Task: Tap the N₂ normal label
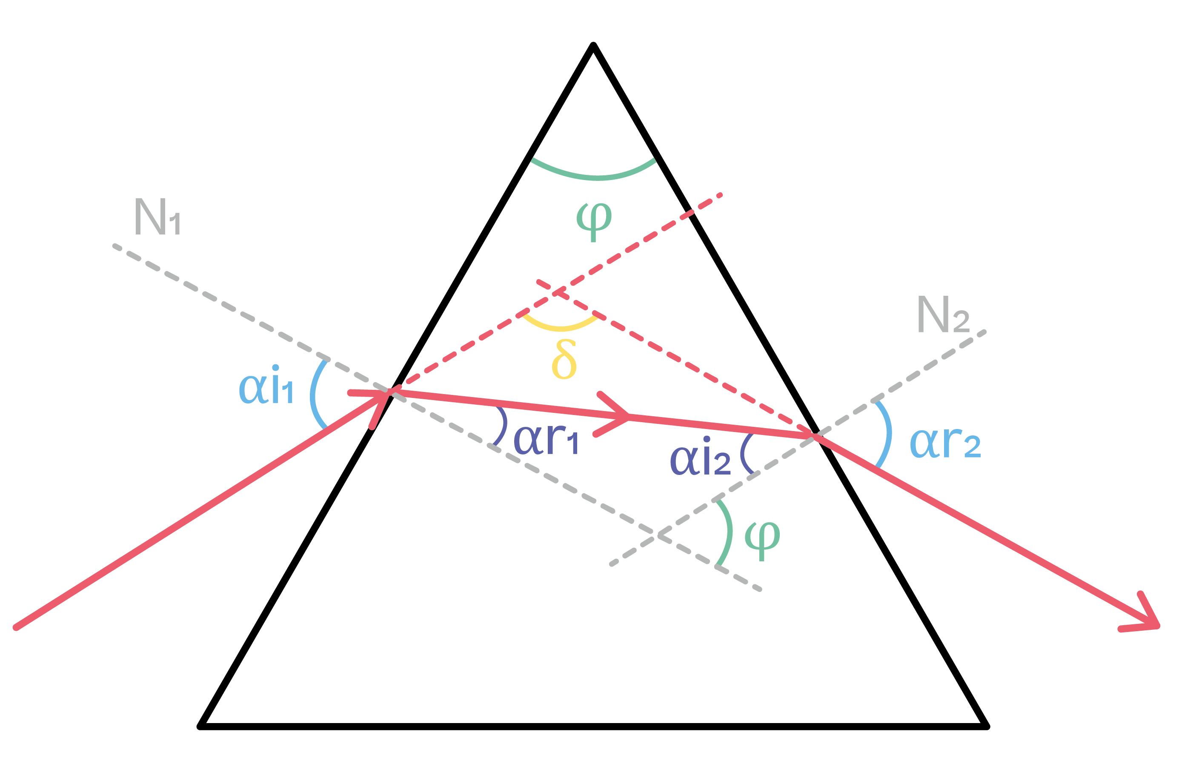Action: coord(943,315)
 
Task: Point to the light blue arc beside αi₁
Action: coord(314,394)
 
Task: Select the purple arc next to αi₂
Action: coord(744,454)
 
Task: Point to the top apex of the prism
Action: coord(593,45)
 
